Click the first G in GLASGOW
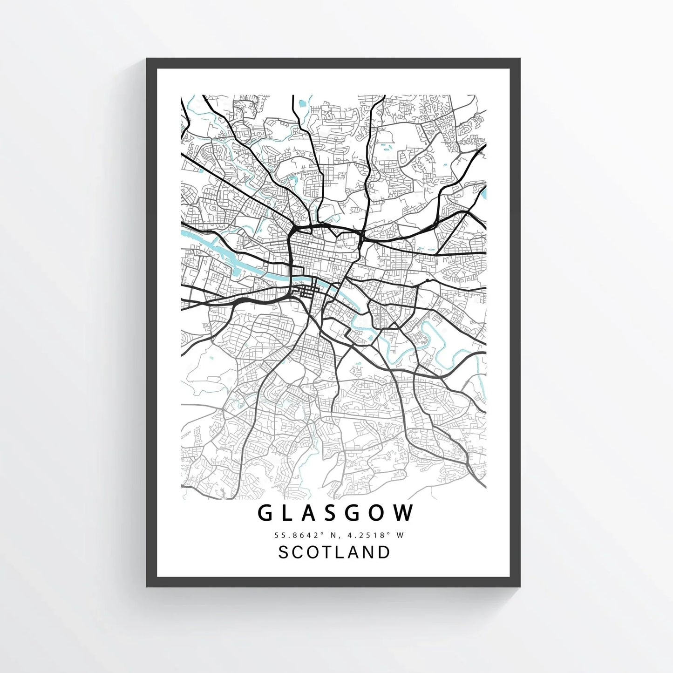tap(265, 513)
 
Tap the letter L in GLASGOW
tap(287, 513)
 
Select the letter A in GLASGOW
tap(309, 513)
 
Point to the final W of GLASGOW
tap(405, 513)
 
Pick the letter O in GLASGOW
tap(380, 513)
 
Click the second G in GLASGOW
tap(355, 513)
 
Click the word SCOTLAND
tap(334, 552)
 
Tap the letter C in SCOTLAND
tap(299, 552)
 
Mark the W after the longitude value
tap(399, 535)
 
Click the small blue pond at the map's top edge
tap(302, 102)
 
